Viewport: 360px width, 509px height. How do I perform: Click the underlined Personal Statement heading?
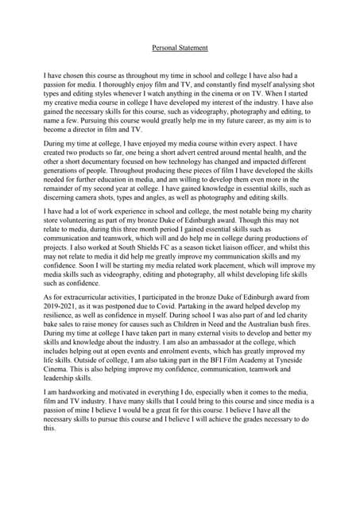click(x=180, y=48)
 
